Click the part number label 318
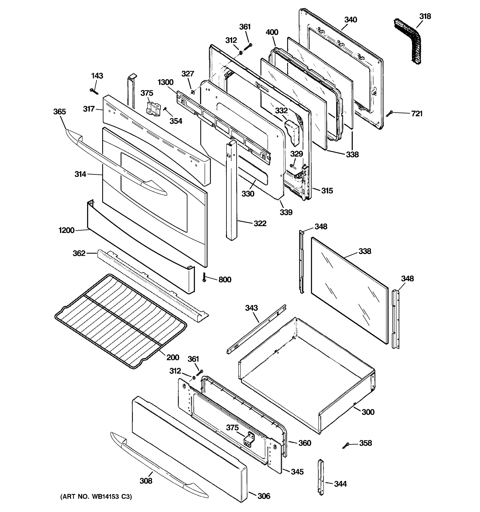425,16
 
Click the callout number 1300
165,82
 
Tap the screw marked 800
204,277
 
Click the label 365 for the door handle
60,112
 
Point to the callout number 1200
66,230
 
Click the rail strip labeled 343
256,329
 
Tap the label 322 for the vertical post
260,223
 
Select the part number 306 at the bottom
264,496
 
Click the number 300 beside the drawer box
368,412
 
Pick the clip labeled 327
193,92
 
